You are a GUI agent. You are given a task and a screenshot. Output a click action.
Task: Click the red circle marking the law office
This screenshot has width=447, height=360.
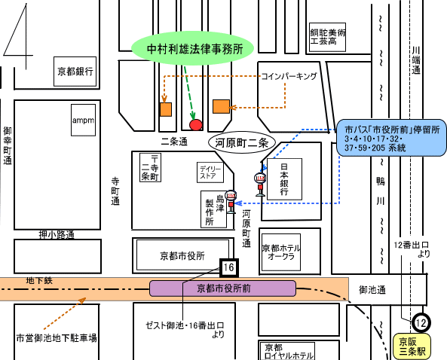coord(196,125)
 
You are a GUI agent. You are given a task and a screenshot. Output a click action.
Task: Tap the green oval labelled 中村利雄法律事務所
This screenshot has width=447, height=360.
coord(192,48)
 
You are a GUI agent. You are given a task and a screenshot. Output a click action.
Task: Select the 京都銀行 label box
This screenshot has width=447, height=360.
coord(75,72)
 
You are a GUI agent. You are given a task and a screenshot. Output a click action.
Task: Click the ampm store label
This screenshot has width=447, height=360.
coord(83,120)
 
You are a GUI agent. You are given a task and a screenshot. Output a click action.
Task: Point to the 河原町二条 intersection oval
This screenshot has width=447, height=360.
coord(242,142)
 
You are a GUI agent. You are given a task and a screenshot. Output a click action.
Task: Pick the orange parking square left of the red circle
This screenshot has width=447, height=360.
coord(166,109)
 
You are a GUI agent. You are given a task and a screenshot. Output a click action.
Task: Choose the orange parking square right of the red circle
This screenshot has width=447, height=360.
coord(221,106)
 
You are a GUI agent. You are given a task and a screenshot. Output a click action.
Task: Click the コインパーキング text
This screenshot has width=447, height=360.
coord(289,76)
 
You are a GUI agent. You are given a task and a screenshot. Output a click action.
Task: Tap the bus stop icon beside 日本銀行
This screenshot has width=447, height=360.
coord(260,185)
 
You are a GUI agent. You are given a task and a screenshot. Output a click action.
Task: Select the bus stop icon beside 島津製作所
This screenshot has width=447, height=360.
coord(231,202)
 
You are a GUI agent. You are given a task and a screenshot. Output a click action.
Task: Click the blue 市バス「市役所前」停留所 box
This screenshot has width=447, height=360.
coord(391,138)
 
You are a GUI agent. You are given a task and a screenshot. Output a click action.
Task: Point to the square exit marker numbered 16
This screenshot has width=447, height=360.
coord(228,267)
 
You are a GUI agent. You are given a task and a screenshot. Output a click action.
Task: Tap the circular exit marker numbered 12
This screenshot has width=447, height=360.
coord(421,322)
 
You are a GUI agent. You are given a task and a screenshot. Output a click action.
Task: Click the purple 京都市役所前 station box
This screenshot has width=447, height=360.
coord(222,288)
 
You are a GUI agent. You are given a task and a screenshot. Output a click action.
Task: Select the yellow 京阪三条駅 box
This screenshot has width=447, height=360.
coord(412,346)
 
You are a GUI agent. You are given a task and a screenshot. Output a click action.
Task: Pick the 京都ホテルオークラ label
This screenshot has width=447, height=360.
coord(281,252)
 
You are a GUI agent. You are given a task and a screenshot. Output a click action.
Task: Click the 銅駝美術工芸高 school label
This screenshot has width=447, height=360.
coord(328,37)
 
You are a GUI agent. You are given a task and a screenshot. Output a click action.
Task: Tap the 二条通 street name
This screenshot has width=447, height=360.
coord(174,142)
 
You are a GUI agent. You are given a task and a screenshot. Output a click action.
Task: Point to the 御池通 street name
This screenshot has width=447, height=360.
coord(372,290)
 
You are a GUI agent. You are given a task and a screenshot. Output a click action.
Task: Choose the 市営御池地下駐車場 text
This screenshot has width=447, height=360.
coord(57,338)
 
